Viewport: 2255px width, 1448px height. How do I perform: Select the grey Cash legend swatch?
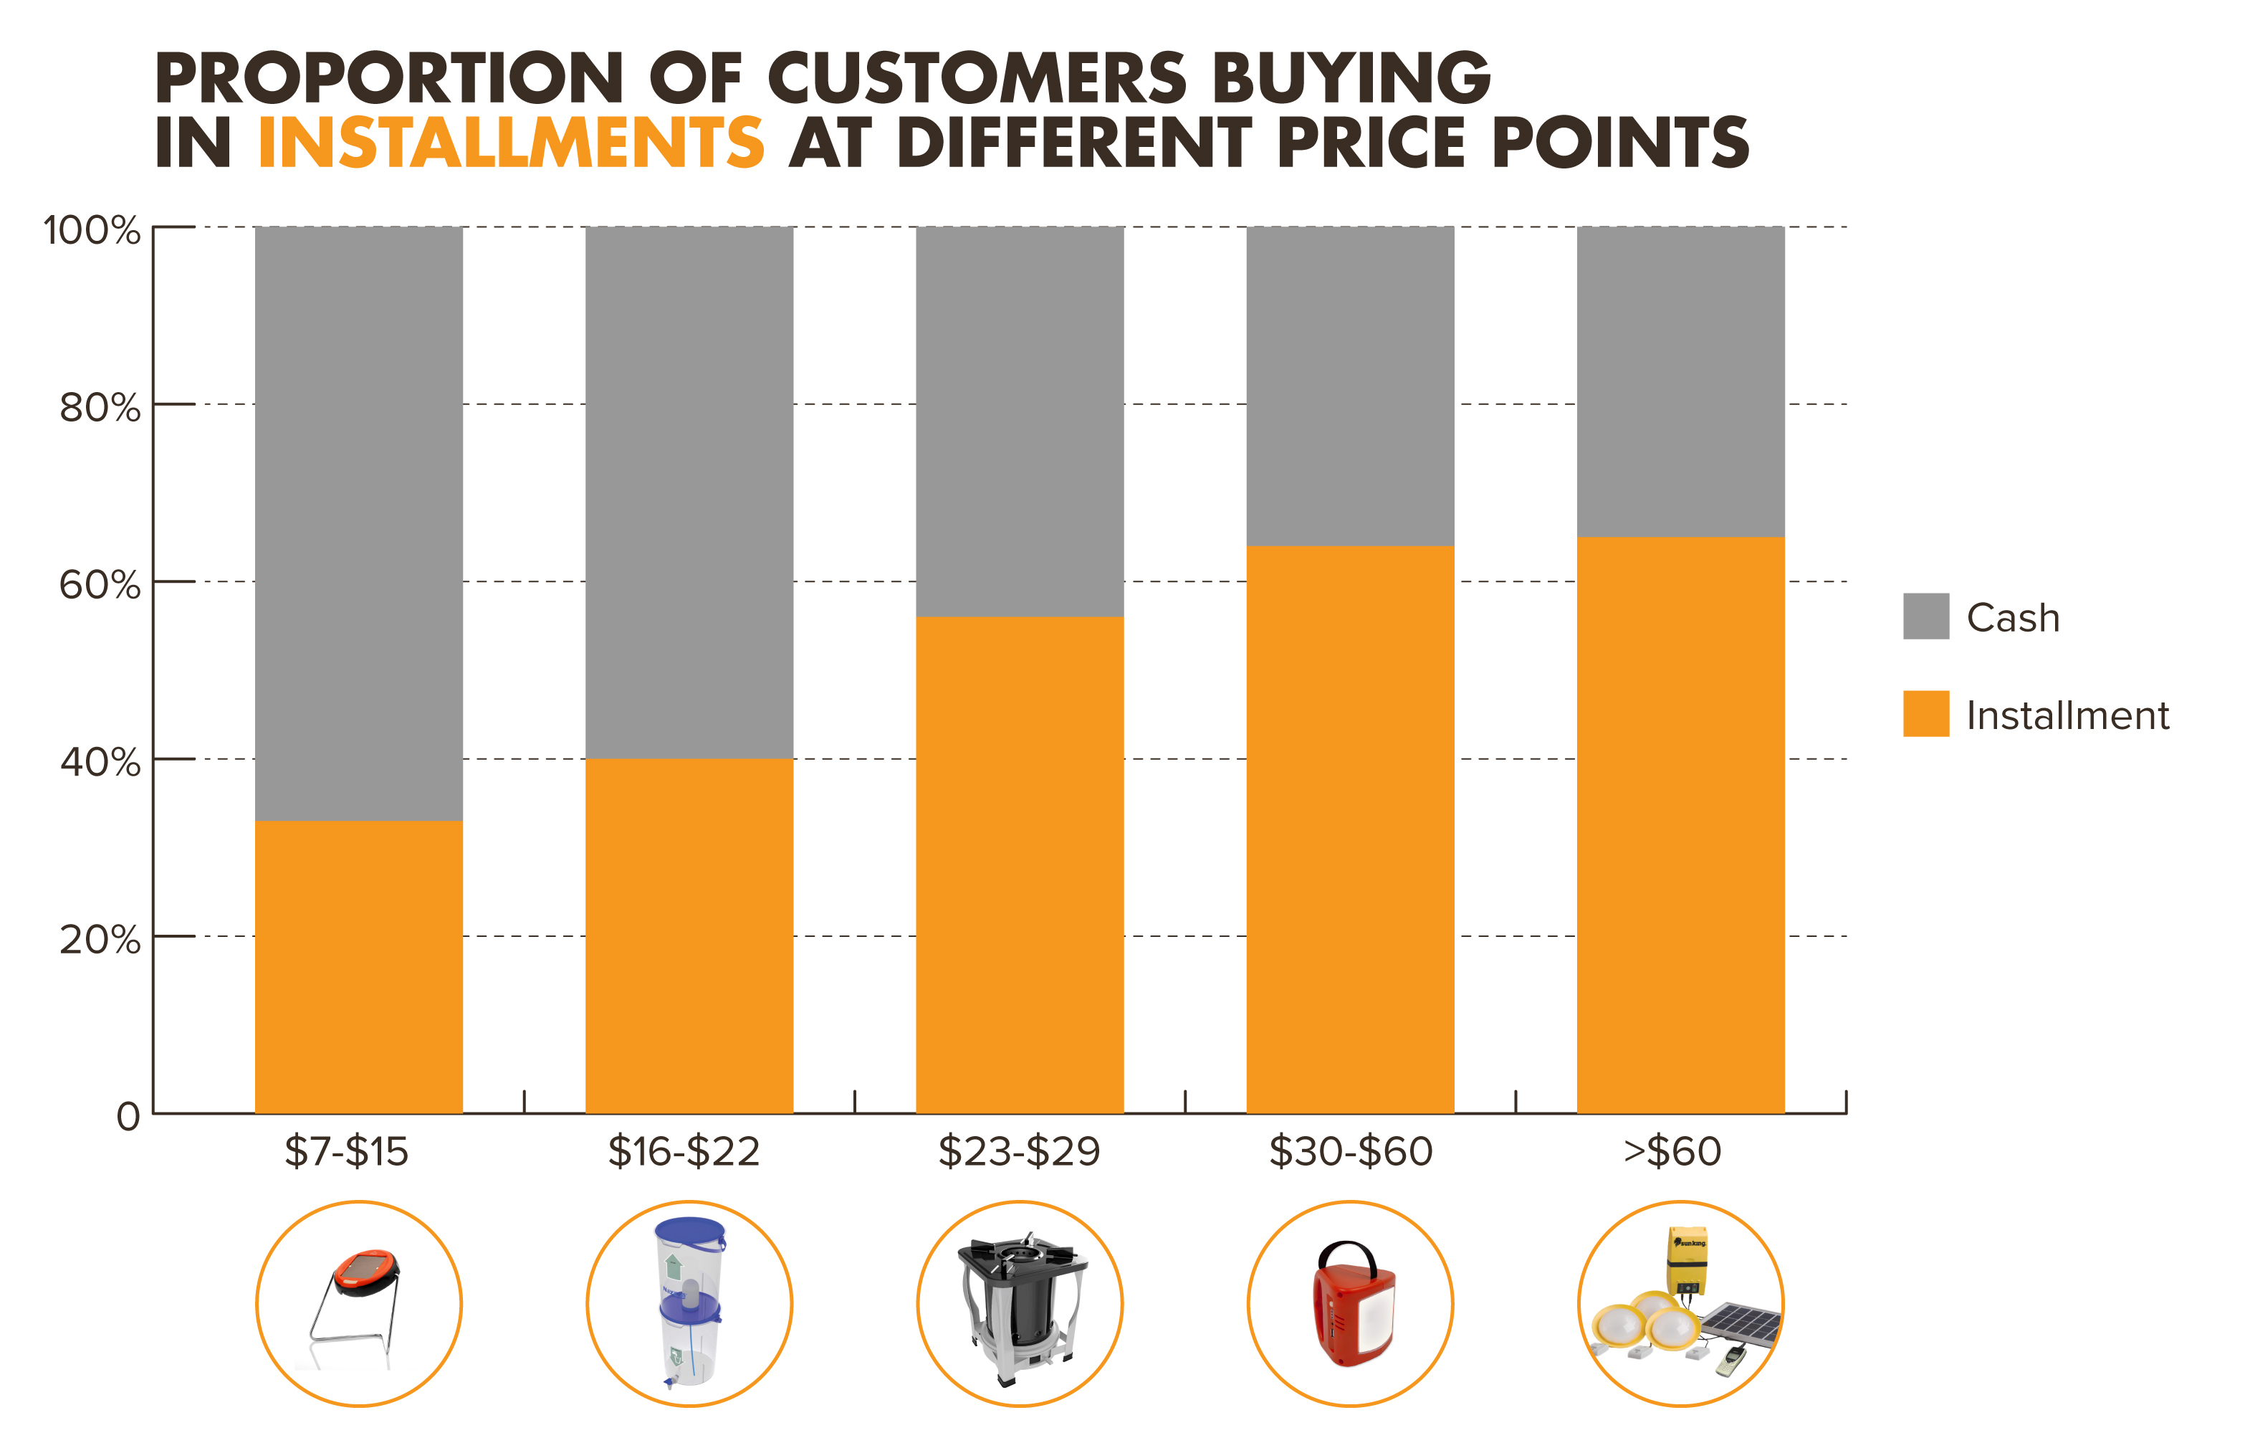(x=1925, y=616)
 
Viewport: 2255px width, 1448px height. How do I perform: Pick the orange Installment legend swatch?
(x=1925, y=714)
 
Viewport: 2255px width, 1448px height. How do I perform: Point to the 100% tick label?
(x=91, y=230)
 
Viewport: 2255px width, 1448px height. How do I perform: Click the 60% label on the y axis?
(x=100, y=585)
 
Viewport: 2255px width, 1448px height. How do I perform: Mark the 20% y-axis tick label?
(x=100, y=939)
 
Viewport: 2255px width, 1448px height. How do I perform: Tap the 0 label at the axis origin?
(x=128, y=1116)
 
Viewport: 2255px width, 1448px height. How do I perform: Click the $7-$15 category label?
(x=346, y=1151)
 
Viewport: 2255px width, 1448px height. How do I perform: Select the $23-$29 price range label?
(x=1019, y=1151)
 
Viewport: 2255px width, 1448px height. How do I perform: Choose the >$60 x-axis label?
(x=1672, y=1151)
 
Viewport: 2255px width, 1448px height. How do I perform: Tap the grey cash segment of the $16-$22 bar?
(x=689, y=492)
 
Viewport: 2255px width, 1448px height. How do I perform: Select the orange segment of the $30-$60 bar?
(x=1350, y=829)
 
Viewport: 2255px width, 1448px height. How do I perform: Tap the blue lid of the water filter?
(x=690, y=1231)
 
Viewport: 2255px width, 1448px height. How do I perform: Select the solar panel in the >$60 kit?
(x=1743, y=1324)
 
